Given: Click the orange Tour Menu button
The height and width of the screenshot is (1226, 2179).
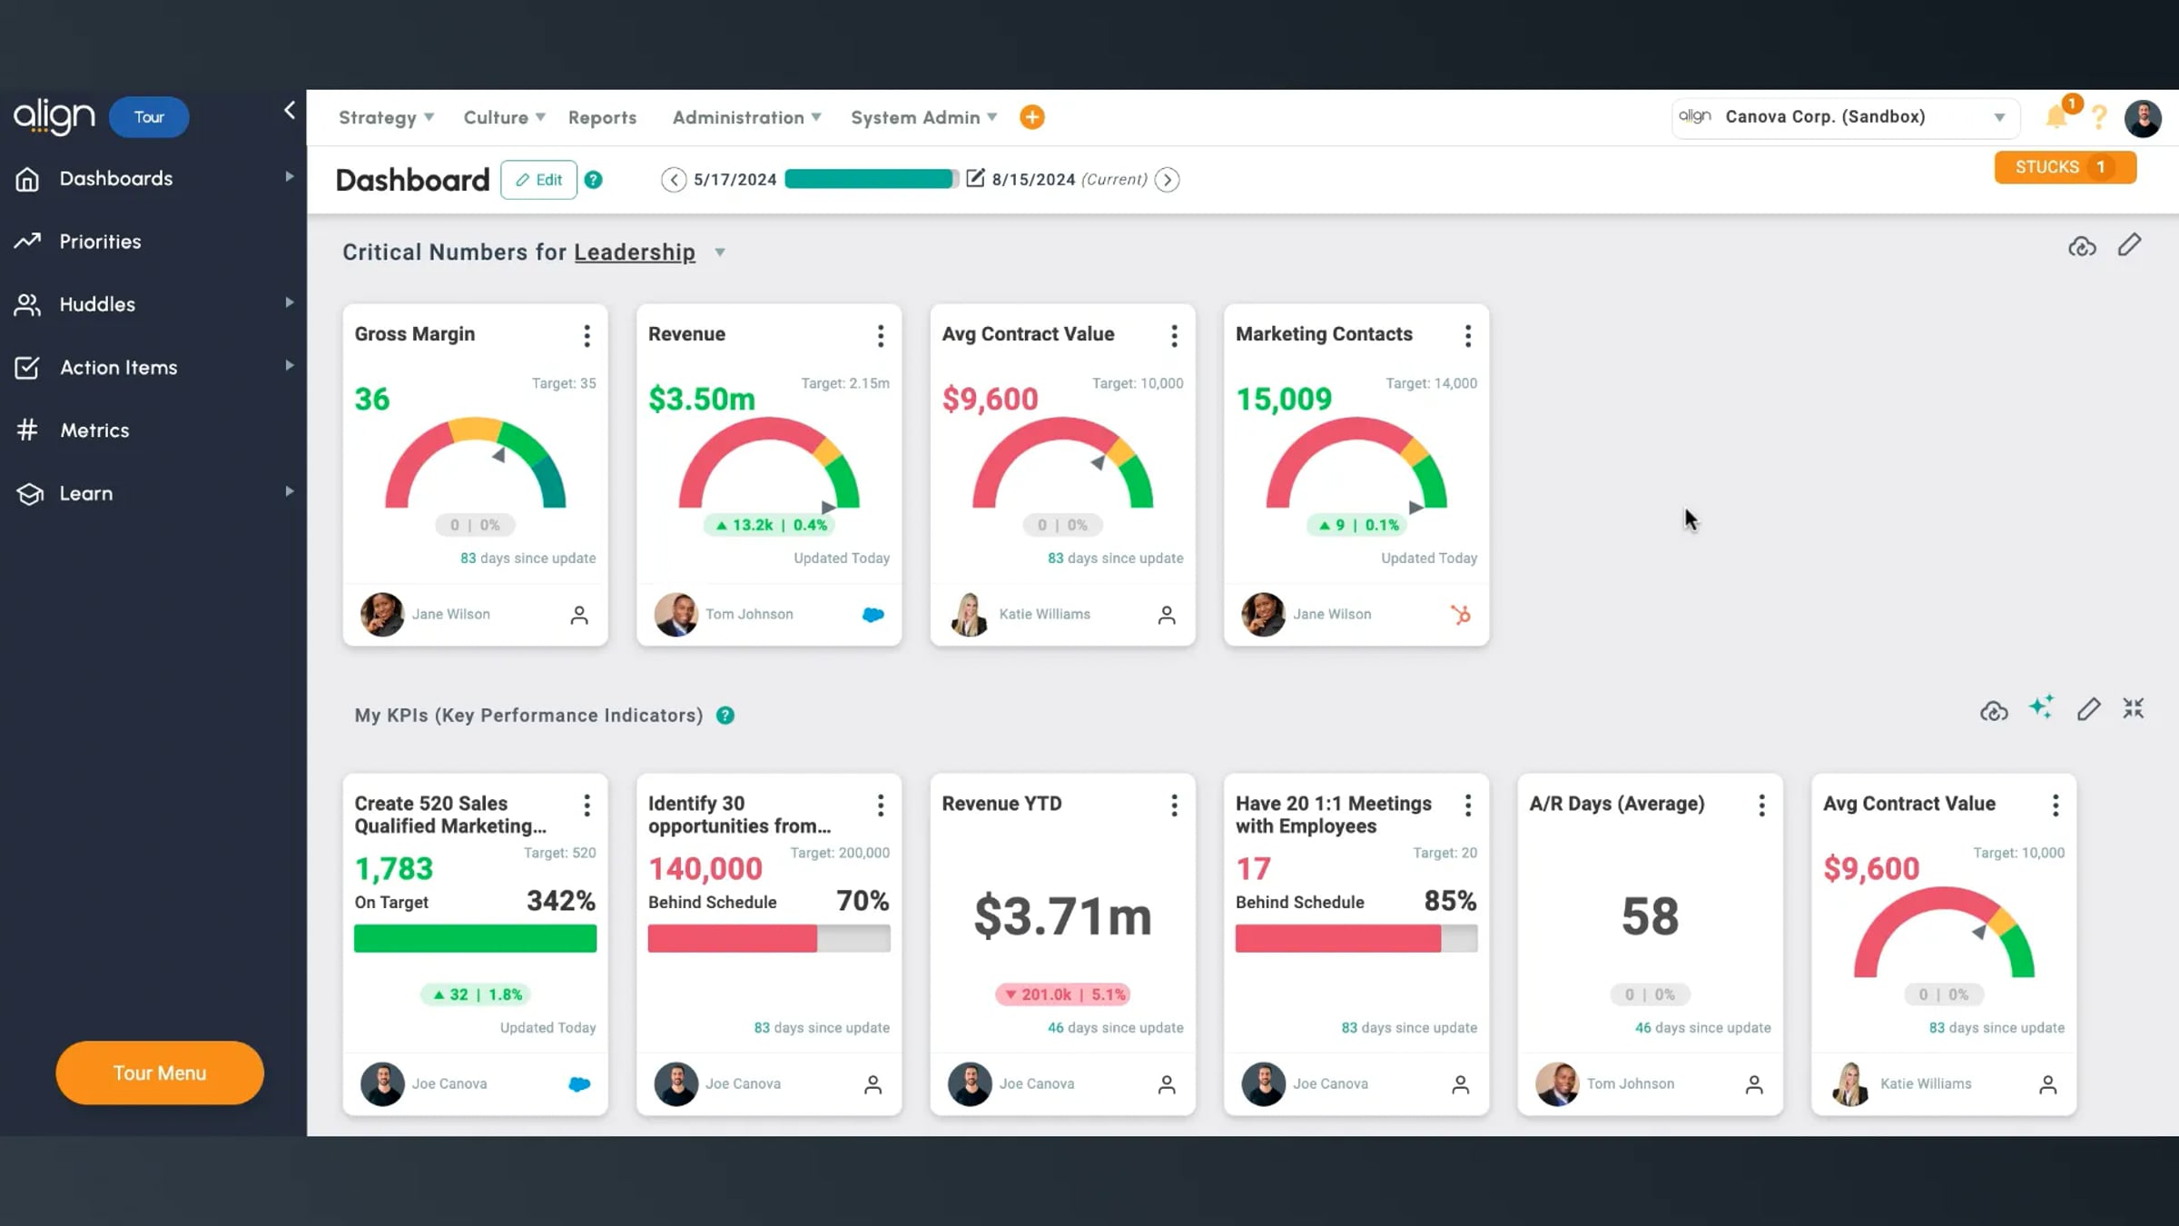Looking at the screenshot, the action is tap(160, 1073).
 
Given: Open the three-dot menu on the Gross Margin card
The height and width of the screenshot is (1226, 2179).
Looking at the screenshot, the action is tap(587, 336).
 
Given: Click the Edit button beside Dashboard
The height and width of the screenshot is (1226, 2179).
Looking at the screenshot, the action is tap(538, 180).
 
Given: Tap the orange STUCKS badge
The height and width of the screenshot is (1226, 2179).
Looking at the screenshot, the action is tap(2065, 167).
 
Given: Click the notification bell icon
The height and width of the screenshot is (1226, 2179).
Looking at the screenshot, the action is tap(2056, 117).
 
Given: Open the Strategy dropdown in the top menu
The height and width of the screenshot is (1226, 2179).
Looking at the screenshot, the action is tap(386, 117).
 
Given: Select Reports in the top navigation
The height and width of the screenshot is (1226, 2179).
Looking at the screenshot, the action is tap(602, 117).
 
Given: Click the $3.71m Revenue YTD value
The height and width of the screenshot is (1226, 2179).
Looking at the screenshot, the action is tap(1062, 915).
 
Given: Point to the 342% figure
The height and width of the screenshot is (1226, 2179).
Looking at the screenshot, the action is tap(561, 900).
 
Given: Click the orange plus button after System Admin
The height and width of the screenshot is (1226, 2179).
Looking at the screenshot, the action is tap(1031, 117).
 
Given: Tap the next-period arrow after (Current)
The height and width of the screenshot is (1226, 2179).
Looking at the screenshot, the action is tap(1168, 180).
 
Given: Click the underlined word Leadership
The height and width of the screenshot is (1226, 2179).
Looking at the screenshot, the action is tap(635, 252).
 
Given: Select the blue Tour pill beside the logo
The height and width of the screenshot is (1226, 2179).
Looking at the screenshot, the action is tap(149, 117).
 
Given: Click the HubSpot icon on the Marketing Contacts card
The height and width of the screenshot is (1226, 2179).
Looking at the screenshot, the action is tap(1460, 615).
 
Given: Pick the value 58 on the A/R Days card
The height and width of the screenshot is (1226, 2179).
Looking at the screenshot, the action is tap(1650, 915).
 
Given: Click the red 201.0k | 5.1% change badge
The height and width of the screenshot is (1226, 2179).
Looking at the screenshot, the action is tap(1062, 994).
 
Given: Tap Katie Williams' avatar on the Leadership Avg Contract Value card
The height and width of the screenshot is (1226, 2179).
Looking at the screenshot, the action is tap(969, 615).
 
